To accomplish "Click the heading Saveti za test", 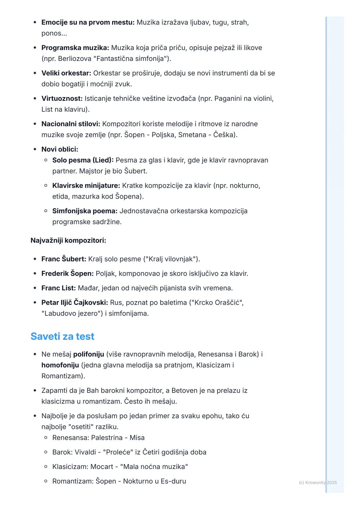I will pos(62,336).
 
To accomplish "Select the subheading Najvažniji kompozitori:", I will pos(68,241).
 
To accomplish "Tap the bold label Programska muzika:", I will pos(75,48).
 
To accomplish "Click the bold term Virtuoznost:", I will pos(62,99).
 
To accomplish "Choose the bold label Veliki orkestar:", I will pos(66,73).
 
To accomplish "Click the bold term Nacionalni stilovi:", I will pos(71,124).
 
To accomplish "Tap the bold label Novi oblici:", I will pos(60,149).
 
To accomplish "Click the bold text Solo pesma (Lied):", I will pos(83,160).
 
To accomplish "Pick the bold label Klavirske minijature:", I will pos(86,186).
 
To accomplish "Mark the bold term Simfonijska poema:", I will pos(85,211).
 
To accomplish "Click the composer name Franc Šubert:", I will pos(64,259).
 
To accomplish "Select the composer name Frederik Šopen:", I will pos(67,274).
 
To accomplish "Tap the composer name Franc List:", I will pos(58,288).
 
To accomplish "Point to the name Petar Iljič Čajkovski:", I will pos(74,303).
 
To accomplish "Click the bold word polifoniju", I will pos(89,354).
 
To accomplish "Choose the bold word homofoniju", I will pos(60,365).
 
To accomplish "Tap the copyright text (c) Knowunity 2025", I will pos(318,483).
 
